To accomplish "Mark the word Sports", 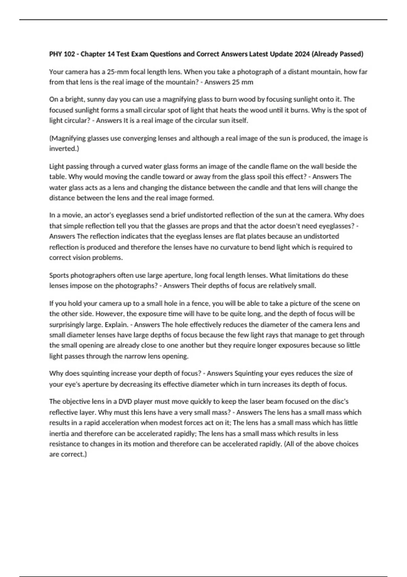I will [x=59, y=275].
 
